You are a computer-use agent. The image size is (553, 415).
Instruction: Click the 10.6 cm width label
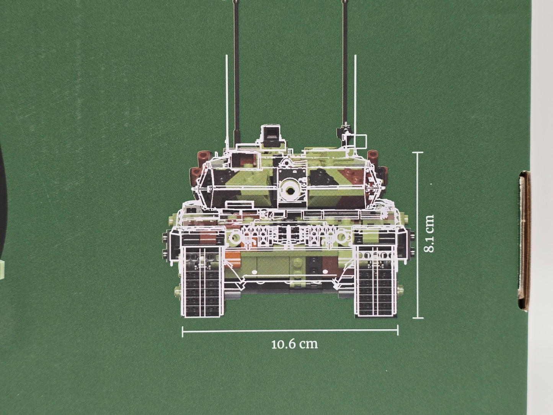pos(295,344)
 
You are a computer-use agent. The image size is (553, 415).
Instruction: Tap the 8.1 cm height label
pos(429,234)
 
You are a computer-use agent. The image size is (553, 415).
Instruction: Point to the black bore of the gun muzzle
pos(290,191)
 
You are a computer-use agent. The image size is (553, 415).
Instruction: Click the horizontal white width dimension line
pos(290,330)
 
